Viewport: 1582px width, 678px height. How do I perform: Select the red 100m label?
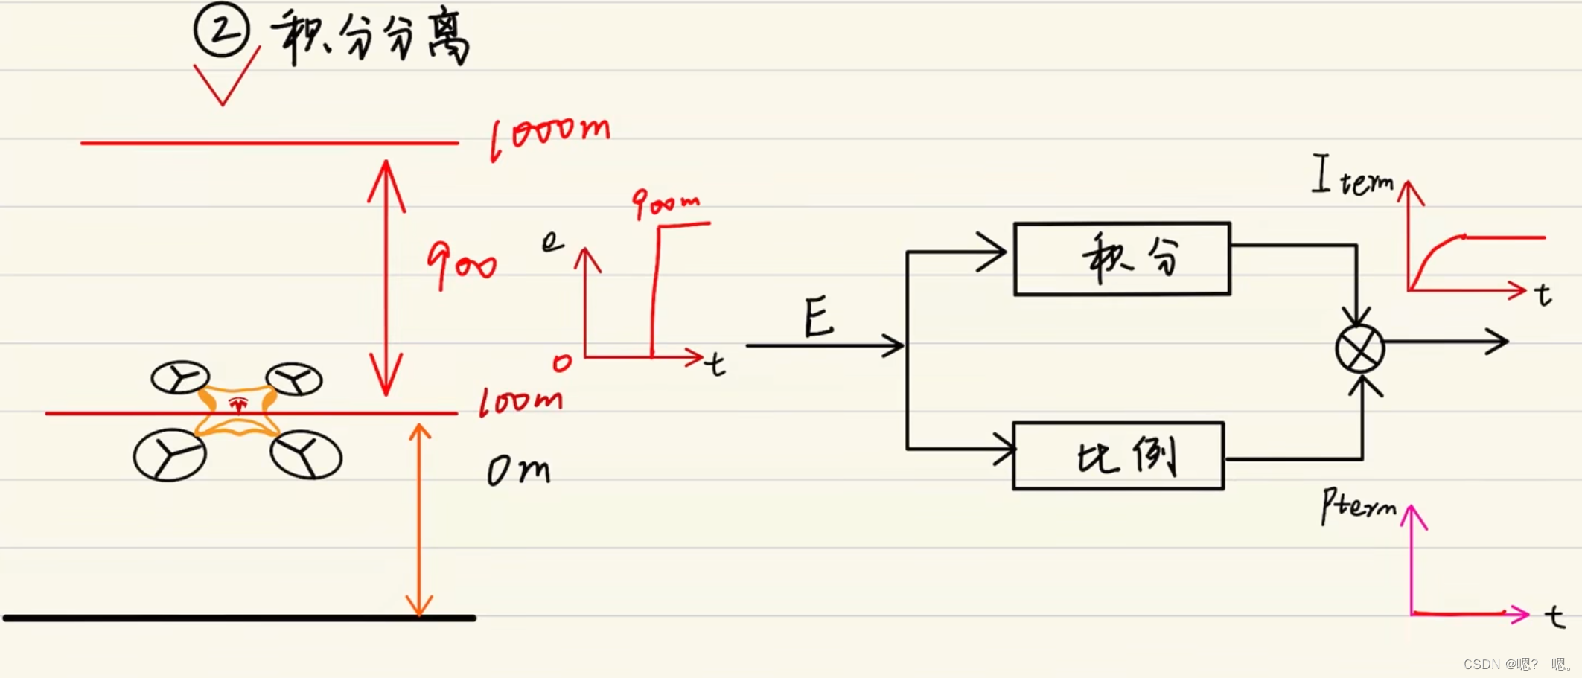pos(520,402)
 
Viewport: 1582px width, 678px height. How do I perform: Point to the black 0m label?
pos(519,470)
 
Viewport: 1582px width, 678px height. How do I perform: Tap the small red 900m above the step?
pos(666,202)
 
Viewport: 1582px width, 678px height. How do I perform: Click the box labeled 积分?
pos(1122,259)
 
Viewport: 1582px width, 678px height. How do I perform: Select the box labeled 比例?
pos(1118,456)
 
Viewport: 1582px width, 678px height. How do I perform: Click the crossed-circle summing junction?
pos(1359,348)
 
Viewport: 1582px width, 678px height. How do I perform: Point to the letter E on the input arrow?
pos(819,317)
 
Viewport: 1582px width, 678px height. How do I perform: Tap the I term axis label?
pos(1352,177)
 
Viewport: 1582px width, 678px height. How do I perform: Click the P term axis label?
pos(1358,506)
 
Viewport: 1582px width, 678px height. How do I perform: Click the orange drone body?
pos(237,411)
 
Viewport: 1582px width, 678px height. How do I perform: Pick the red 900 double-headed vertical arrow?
pos(386,277)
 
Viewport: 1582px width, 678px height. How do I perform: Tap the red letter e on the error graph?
pos(552,240)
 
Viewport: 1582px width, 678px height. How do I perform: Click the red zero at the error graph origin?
pos(563,362)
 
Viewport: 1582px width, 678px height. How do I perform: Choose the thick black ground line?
pos(238,618)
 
